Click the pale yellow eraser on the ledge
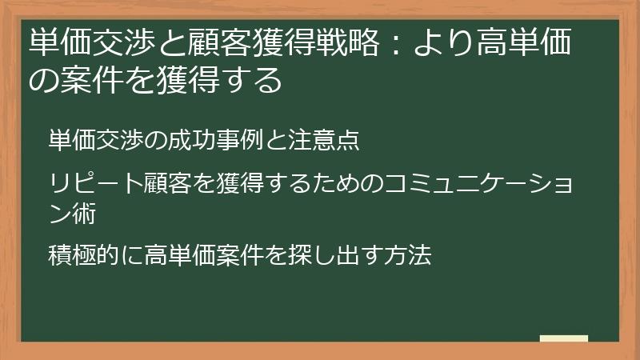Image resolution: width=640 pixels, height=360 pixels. coord(564,339)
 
